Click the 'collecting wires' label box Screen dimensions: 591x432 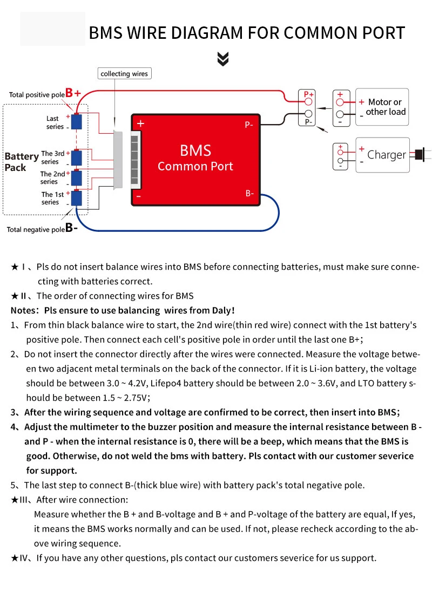[124, 73]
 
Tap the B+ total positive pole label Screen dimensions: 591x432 [73, 93]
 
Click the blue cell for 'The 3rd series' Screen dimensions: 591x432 [77, 157]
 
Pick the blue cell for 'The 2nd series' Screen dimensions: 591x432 [77, 177]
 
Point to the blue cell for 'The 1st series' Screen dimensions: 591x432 [77, 198]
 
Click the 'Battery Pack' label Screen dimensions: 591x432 [21, 162]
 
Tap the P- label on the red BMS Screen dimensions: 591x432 [249, 125]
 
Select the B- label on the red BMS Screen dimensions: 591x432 [249, 193]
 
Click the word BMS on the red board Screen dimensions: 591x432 [195, 150]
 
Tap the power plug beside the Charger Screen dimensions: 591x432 [420, 154]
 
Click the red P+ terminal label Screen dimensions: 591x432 [308, 94]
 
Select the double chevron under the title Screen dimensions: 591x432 [223, 59]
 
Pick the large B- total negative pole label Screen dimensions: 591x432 [71, 228]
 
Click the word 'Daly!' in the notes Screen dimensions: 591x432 [222, 310]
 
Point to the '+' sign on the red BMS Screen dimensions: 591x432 [140, 123]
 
